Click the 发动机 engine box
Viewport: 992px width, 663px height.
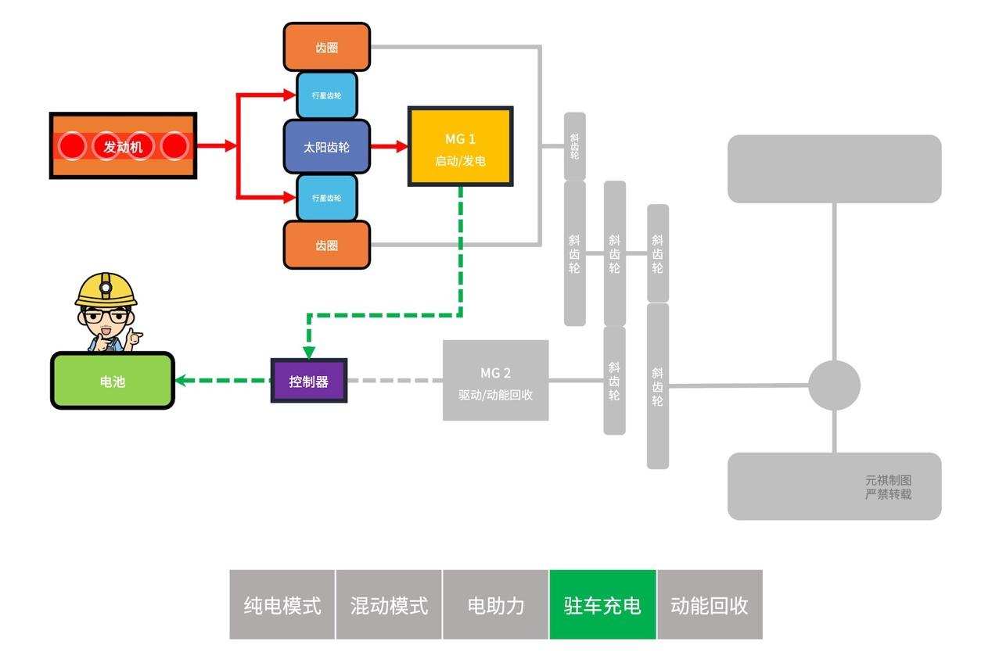[123, 146]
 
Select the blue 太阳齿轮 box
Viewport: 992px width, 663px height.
[326, 146]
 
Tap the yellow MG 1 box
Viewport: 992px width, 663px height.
[460, 147]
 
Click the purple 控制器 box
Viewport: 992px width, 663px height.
[308, 381]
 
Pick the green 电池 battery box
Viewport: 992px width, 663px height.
[113, 381]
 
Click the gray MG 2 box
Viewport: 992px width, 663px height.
[495, 381]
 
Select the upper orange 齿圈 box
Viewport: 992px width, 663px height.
[326, 47]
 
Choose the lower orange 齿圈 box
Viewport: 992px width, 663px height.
[326, 245]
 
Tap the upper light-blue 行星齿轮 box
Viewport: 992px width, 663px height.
[326, 95]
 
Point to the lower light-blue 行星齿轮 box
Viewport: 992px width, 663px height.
[326, 198]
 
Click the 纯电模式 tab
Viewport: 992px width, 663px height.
[282, 605]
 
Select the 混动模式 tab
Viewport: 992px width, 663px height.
[389, 605]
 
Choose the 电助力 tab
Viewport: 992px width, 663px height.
[495, 605]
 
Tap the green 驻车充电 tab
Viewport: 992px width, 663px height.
[602, 605]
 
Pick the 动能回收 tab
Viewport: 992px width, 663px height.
[709, 605]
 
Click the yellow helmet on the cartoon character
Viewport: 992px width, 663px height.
[106, 288]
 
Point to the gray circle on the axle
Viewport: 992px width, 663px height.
[834, 385]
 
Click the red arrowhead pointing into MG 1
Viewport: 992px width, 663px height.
[402, 146]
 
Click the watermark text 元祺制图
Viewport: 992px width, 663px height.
[888, 481]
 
